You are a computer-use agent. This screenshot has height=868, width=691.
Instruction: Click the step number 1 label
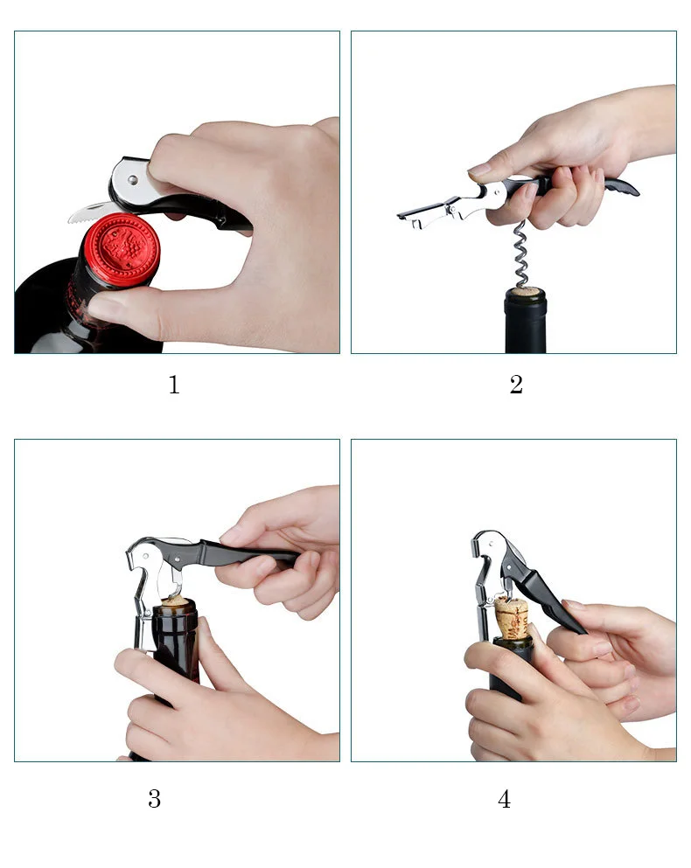173,385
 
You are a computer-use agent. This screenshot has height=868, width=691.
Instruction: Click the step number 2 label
516,385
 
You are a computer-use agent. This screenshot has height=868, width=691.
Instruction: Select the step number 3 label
154,799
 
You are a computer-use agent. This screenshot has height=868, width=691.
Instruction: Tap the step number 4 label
504,799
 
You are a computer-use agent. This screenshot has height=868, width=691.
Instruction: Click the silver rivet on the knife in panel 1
131,179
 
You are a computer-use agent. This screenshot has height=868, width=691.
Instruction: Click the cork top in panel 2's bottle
525,292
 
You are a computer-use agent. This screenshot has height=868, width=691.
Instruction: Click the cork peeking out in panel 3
177,601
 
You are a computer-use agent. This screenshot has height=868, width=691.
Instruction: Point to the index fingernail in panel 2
480,169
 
